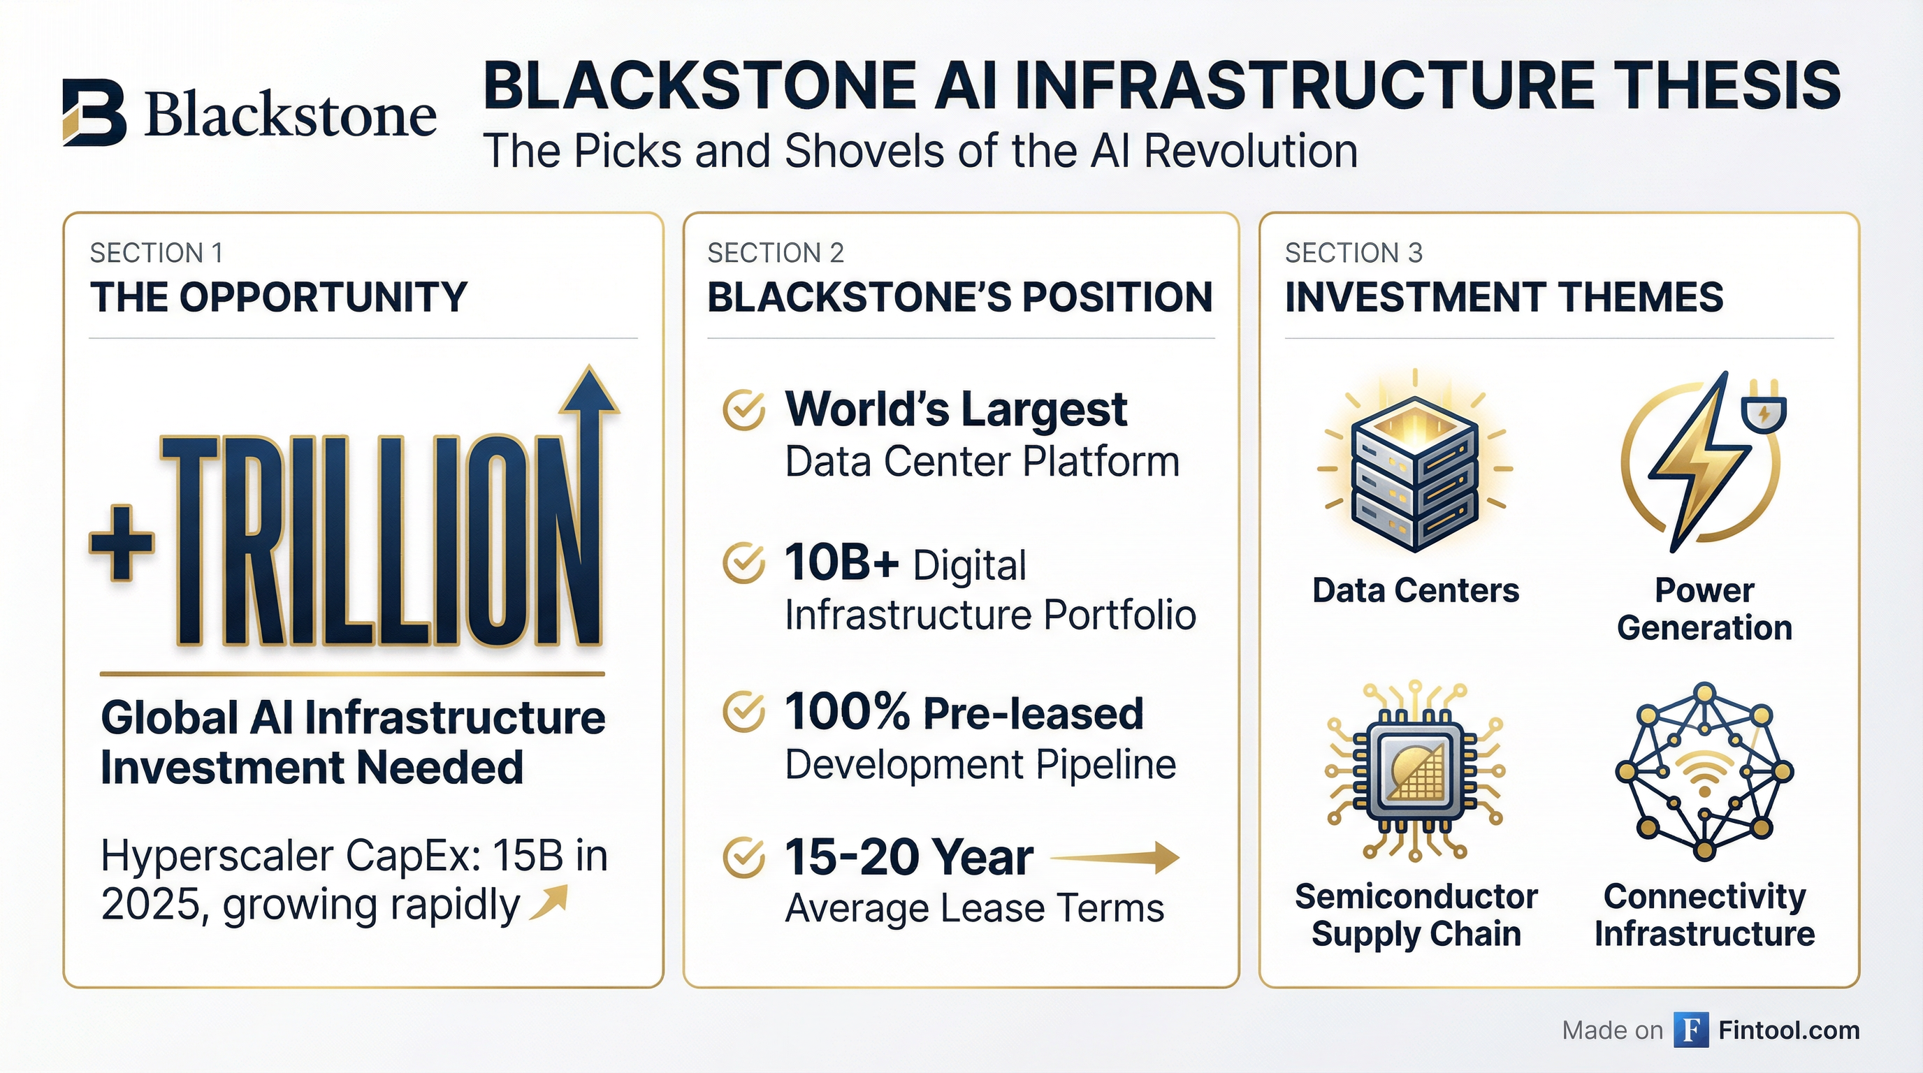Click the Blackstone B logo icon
tap(95, 112)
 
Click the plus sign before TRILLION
tap(122, 543)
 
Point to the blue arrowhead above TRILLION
tap(590, 390)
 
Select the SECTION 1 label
tap(156, 254)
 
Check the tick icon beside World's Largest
tap(743, 410)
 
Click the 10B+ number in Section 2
tap(841, 562)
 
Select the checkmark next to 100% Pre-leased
tap(743, 713)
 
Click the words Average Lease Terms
tap(974, 909)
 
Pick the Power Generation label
tap(1704, 609)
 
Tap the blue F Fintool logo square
tap(1691, 1030)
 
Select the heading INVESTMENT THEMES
tap(1504, 297)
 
